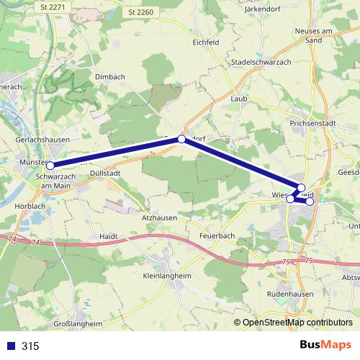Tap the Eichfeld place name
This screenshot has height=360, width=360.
205,42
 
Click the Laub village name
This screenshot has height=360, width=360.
238,98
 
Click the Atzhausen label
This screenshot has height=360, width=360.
158,217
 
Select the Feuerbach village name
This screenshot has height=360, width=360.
217,235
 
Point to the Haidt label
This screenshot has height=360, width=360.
108,235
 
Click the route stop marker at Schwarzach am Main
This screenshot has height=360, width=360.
50,166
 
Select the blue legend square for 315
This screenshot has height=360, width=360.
10,346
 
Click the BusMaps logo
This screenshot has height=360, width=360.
325,345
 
